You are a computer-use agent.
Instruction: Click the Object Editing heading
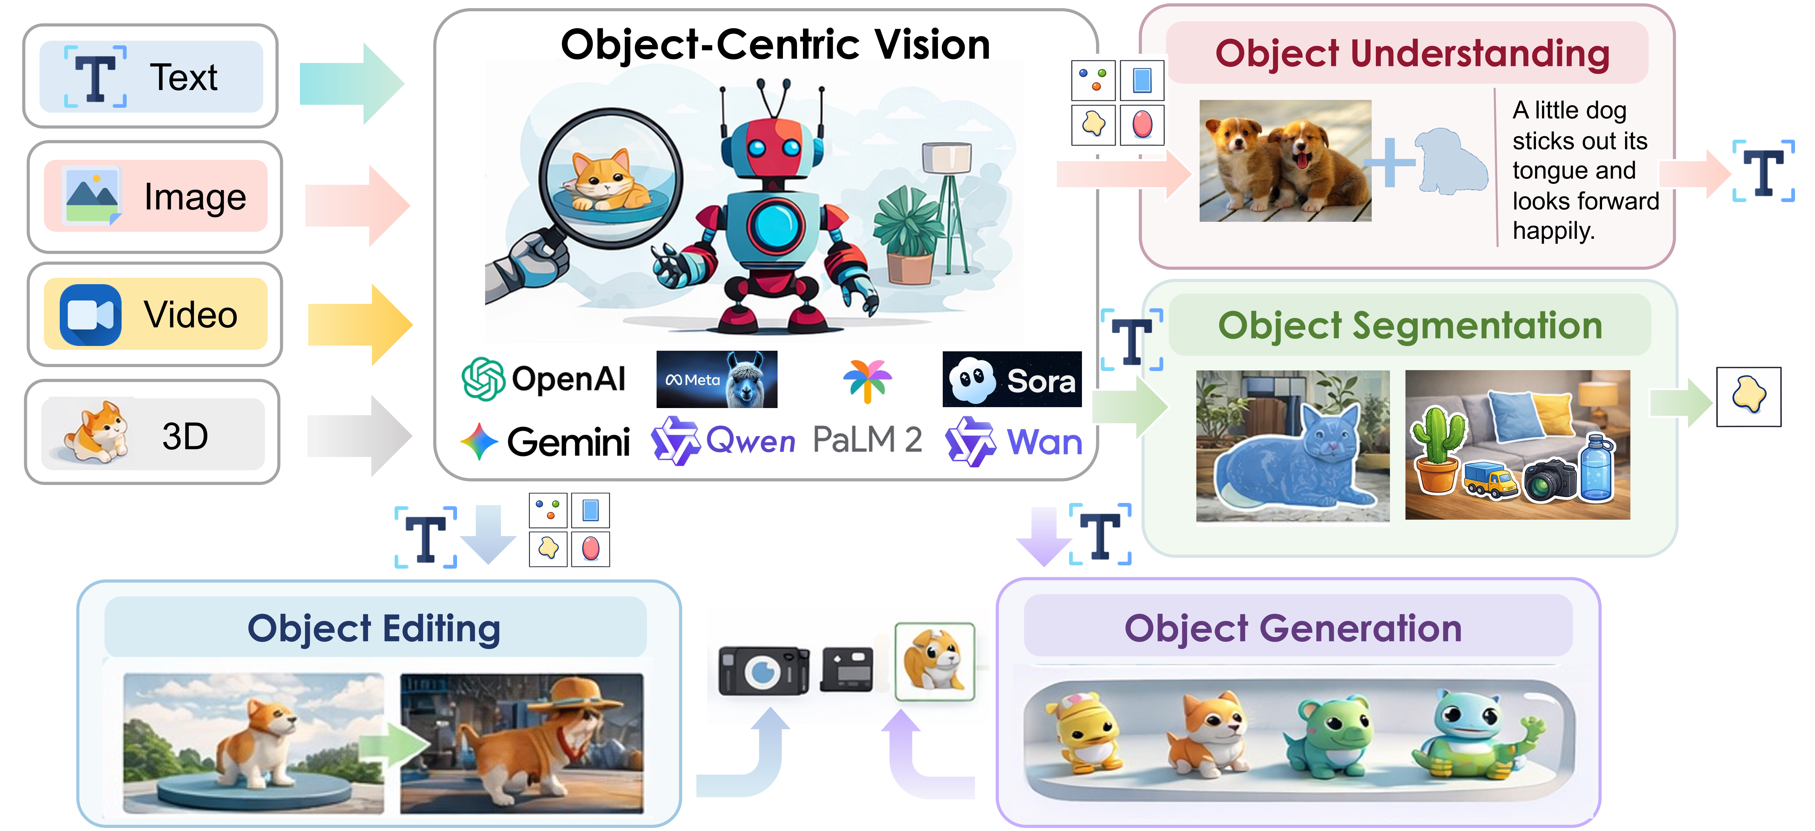[x=374, y=628]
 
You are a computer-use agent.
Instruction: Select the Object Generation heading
[x=1293, y=628]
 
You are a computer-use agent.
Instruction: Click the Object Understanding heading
[x=1413, y=53]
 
